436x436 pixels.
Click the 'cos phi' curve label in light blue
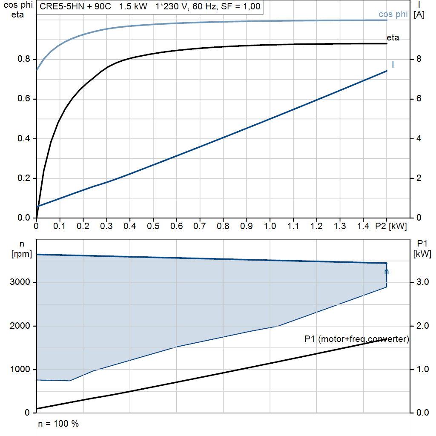[x=393, y=14]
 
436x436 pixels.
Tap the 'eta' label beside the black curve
[x=393, y=37]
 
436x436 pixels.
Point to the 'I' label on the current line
[x=393, y=65]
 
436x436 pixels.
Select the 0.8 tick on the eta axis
[x=24, y=59]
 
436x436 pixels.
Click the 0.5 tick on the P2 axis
[x=153, y=226]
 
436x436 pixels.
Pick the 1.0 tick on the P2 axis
[x=270, y=226]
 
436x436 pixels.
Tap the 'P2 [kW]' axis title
[x=391, y=226]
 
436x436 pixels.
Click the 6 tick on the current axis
[x=419, y=98]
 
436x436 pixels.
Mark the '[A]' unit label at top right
[x=419, y=15]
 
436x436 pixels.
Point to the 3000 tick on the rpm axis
[x=20, y=282]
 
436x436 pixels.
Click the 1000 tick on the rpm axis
[x=20, y=369]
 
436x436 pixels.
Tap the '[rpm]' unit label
[x=22, y=254]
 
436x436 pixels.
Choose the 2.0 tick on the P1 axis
[x=422, y=326]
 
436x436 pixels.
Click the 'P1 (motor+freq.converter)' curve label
[x=357, y=339]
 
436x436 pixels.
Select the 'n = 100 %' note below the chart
[x=58, y=424]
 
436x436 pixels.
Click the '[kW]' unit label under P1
[x=422, y=254]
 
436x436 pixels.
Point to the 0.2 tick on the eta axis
[x=24, y=178]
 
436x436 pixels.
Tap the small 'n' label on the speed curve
[x=387, y=272]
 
